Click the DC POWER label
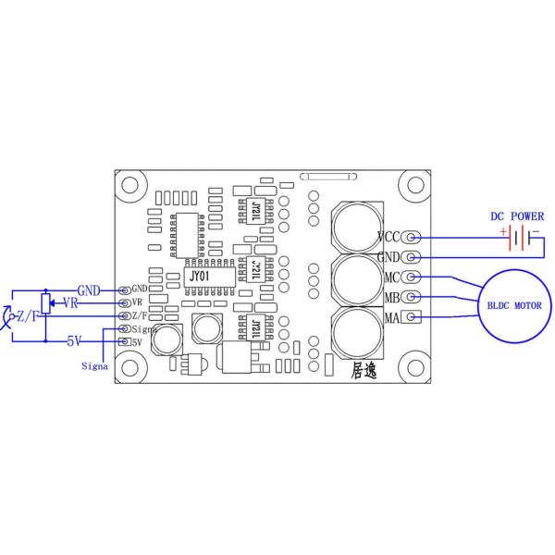(517, 216)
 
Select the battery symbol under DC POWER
(520, 239)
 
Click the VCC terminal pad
(413, 237)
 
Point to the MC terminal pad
(413, 277)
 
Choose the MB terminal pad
(413, 297)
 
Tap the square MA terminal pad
(413, 318)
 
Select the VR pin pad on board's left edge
(124, 302)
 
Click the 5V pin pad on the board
(124, 341)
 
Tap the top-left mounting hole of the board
(130, 183)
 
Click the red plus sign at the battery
(504, 231)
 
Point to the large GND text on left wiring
(89, 290)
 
